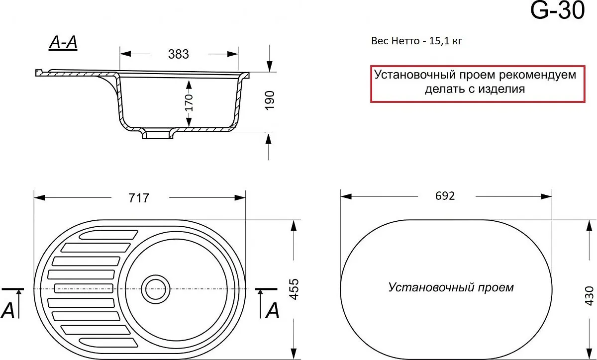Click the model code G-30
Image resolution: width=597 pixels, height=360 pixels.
pos(557,10)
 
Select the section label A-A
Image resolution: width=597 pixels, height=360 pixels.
pos(63,42)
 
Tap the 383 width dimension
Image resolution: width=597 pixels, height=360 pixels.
pos(179,54)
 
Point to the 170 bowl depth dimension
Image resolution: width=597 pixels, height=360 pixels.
pos(189,102)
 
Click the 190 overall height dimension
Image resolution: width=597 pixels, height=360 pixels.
pos(270,100)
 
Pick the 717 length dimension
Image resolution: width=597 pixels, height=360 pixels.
pos(139,198)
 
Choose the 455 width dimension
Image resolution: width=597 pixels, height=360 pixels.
pos(294,289)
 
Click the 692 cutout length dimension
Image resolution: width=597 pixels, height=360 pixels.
pos(445,196)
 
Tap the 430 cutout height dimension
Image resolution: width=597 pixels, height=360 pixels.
pos(589,296)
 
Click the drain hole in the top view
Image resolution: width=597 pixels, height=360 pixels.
pos(156,289)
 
